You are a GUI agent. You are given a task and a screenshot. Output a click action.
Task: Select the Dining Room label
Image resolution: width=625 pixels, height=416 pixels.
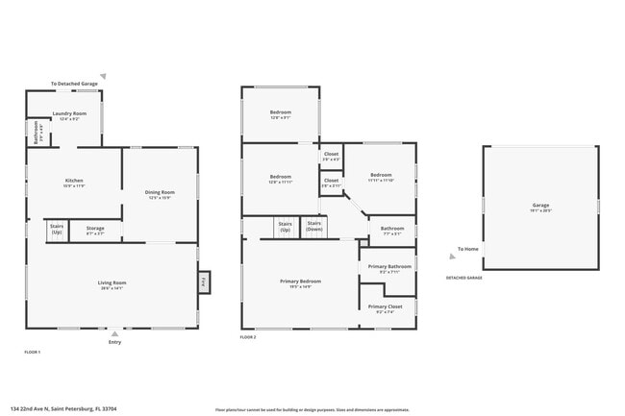click(x=159, y=194)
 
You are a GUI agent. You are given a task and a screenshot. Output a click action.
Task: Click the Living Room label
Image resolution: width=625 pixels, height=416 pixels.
click(x=112, y=283)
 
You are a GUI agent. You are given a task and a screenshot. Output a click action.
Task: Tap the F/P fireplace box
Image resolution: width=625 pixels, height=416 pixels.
click(x=204, y=282)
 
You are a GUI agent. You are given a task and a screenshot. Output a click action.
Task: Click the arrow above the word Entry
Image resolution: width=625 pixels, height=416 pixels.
click(x=115, y=333)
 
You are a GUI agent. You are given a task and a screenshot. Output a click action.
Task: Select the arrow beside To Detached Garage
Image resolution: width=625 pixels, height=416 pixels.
click(x=104, y=76)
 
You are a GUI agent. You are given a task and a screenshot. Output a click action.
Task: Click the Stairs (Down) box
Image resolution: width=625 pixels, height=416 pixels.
click(x=314, y=227)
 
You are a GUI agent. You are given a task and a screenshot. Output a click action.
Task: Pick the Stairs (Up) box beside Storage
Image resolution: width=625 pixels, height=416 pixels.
click(x=57, y=231)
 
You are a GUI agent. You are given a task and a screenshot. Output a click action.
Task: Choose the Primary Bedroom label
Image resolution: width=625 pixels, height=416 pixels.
click(x=300, y=282)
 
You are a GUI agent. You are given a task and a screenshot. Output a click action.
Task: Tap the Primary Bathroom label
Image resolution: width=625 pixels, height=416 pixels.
click(x=388, y=267)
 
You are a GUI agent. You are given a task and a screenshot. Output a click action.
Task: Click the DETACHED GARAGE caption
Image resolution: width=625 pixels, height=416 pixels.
click(x=463, y=278)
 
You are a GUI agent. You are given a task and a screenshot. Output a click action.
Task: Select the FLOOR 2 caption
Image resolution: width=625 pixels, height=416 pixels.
click(x=248, y=337)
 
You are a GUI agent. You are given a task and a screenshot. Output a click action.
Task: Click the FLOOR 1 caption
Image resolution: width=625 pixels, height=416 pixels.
click(x=33, y=353)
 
